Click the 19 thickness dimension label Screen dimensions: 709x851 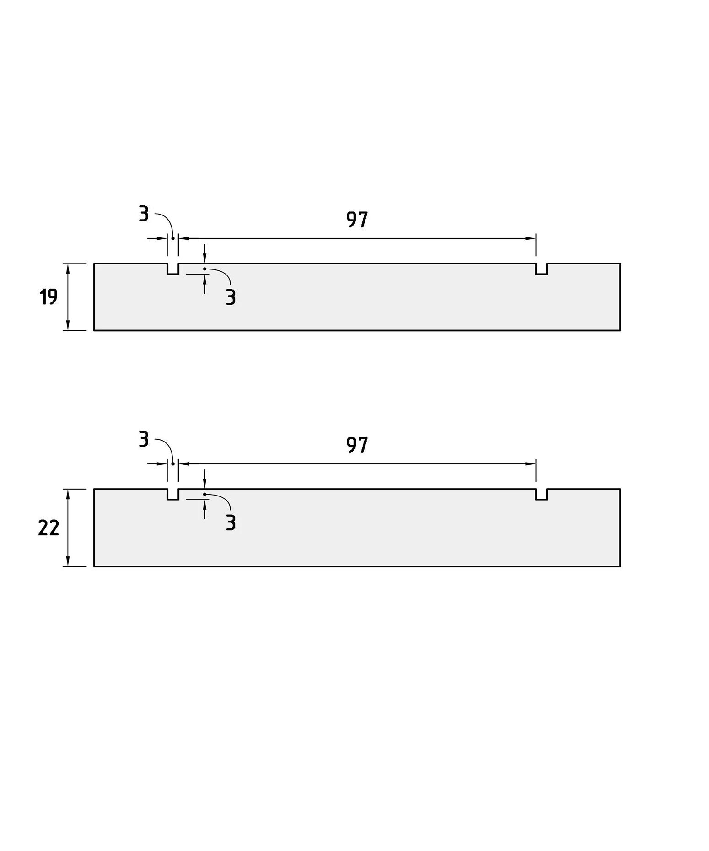click(48, 297)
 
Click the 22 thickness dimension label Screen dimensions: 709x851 click(48, 528)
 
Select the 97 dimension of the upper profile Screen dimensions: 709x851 click(357, 220)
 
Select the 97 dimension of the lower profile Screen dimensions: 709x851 click(357, 445)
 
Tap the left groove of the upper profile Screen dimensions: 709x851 click(173, 269)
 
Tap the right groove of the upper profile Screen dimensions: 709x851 click(542, 269)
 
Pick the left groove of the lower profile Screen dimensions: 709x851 click(173, 495)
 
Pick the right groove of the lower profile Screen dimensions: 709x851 click(542, 495)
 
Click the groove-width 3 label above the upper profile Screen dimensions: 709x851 click(144, 214)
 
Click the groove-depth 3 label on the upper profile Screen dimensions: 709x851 click(231, 297)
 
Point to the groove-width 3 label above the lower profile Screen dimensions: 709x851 click(144, 439)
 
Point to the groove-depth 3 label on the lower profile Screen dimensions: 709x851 click(231, 522)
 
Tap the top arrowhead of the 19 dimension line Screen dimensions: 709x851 click(68, 269)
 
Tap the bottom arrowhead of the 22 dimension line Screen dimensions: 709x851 click(68, 561)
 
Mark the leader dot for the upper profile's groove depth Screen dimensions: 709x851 click(204, 269)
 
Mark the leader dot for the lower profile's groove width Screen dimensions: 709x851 click(173, 464)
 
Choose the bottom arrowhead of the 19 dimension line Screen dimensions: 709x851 click(68, 325)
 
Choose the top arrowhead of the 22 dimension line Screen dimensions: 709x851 click(68, 495)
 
